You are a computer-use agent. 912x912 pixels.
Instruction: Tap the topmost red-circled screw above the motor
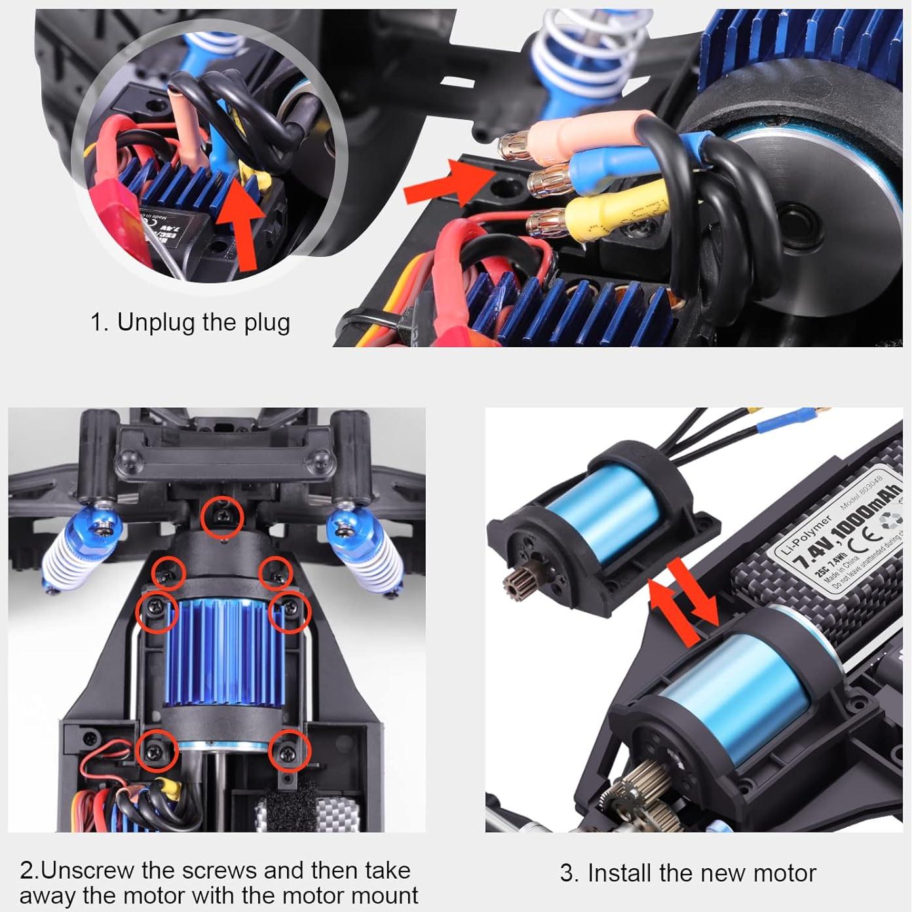[x=223, y=516]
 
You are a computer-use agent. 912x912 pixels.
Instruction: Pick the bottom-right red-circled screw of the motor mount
[x=289, y=751]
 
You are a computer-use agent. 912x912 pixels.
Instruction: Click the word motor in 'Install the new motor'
[x=784, y=873]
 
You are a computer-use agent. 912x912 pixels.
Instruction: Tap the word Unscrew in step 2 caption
[x=88, y=871]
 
